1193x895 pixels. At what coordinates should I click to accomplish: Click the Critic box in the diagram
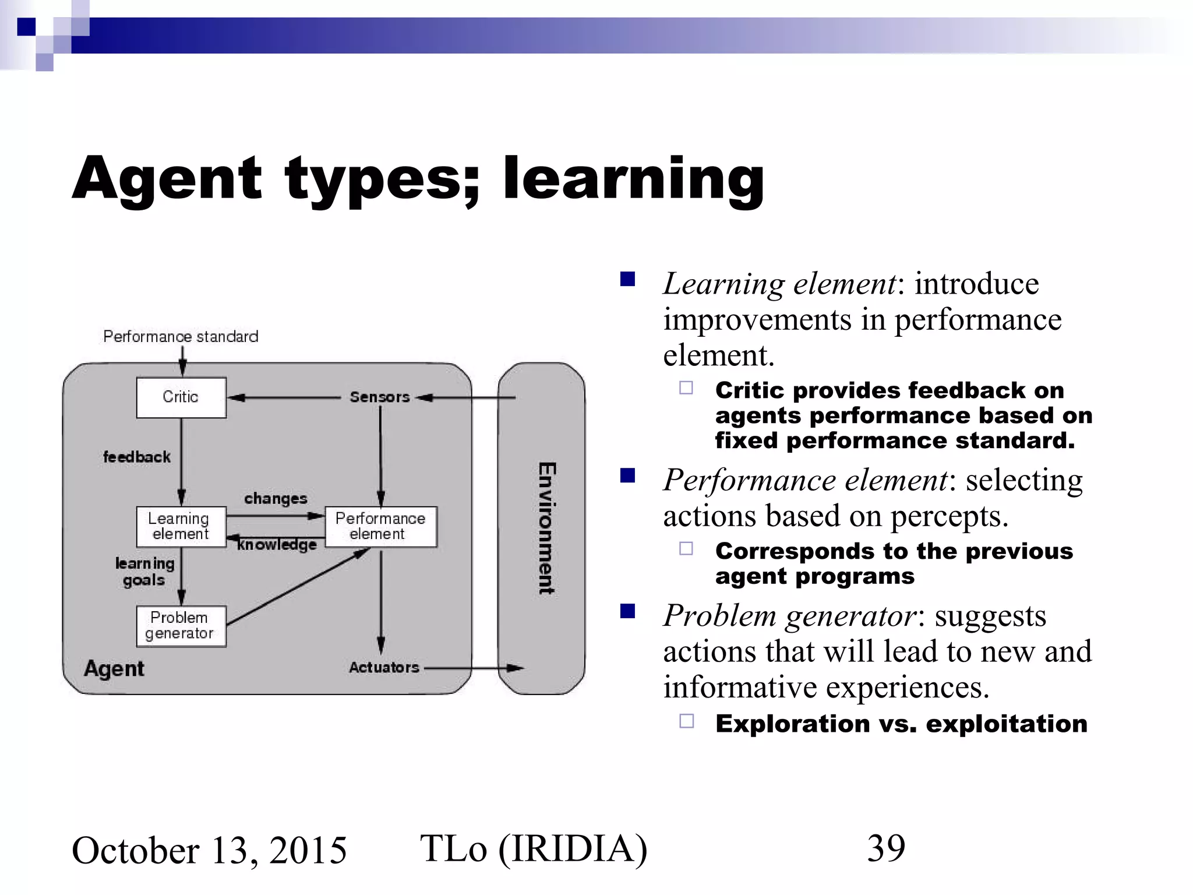click(181, 397)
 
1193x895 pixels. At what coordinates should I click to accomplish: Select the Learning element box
click(181, 526)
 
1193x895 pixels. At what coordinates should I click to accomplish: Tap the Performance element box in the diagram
click(380, 526)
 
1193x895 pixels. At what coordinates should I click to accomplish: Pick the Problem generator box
click(181, 626)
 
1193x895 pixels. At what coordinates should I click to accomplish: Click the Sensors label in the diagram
click(380, 397)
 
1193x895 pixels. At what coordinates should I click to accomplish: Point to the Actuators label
click(384, 668)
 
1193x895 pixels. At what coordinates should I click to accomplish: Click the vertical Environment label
click(546, 528)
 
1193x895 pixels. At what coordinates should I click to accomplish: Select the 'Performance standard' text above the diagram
click(181, 337)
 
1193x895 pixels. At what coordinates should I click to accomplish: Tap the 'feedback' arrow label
click(137, 457)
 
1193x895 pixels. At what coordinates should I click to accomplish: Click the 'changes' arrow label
click(276, 499)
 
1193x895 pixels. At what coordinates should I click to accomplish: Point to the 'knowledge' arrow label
click(277, 545)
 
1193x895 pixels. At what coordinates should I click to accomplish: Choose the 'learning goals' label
click(144, 572)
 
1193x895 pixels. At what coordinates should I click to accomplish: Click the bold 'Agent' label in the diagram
click(114, 668)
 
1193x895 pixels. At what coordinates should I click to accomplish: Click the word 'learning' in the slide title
click(633, 178)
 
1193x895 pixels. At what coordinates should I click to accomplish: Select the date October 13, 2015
click(209, 850)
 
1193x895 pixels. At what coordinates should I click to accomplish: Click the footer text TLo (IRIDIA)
click(534, 848)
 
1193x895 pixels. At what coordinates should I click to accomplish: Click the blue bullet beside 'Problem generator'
click(627, 611)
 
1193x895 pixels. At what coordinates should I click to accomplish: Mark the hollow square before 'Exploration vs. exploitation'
click(687, 721)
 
